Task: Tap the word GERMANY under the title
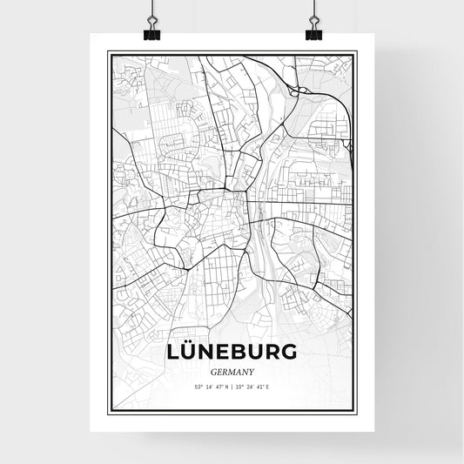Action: (232, 369)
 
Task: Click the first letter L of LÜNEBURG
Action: (171, 352)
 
